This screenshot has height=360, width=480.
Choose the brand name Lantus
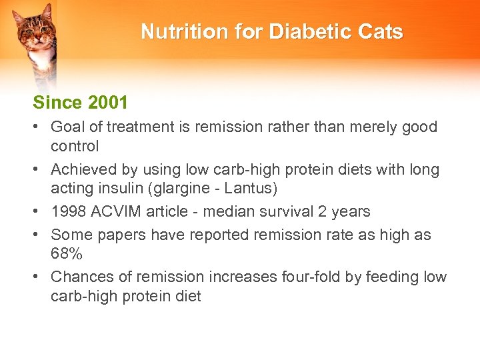(249, 188)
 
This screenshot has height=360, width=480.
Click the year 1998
(68, 211)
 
